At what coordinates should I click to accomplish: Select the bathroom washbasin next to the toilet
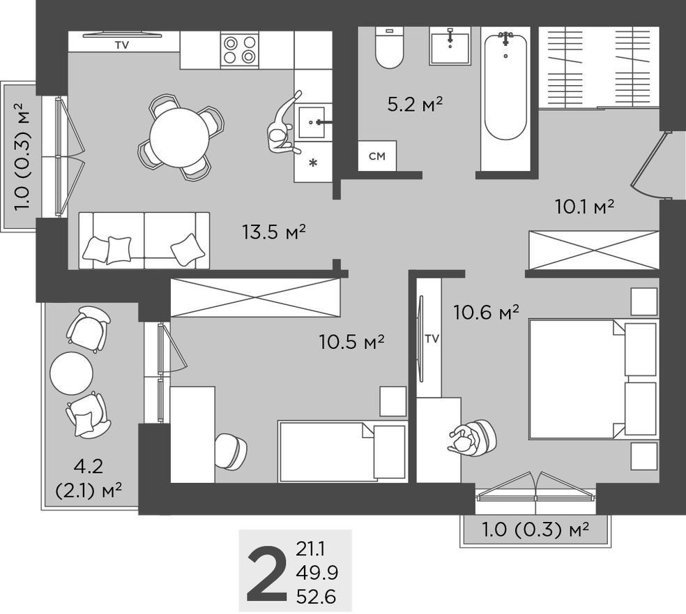(450, 46)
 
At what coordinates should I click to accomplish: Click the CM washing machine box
(377, 156)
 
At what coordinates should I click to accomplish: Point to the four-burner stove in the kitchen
(239, 50)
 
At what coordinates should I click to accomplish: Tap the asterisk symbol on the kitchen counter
(313, 164)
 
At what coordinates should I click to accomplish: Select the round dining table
(179, 137)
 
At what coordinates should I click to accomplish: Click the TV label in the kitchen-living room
(122, 45)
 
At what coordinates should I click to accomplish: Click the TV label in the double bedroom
(432, 339)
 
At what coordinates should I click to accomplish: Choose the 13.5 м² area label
(275, 232)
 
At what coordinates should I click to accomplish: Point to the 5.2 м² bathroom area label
(416, 105)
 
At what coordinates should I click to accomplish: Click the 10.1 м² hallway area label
(584, 207)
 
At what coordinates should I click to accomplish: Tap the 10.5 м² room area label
(352, 342)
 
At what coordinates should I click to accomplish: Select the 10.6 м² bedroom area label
(487, 313)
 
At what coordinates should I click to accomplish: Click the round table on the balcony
(71, 373)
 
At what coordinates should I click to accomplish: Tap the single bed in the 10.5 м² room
(342, 451)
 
